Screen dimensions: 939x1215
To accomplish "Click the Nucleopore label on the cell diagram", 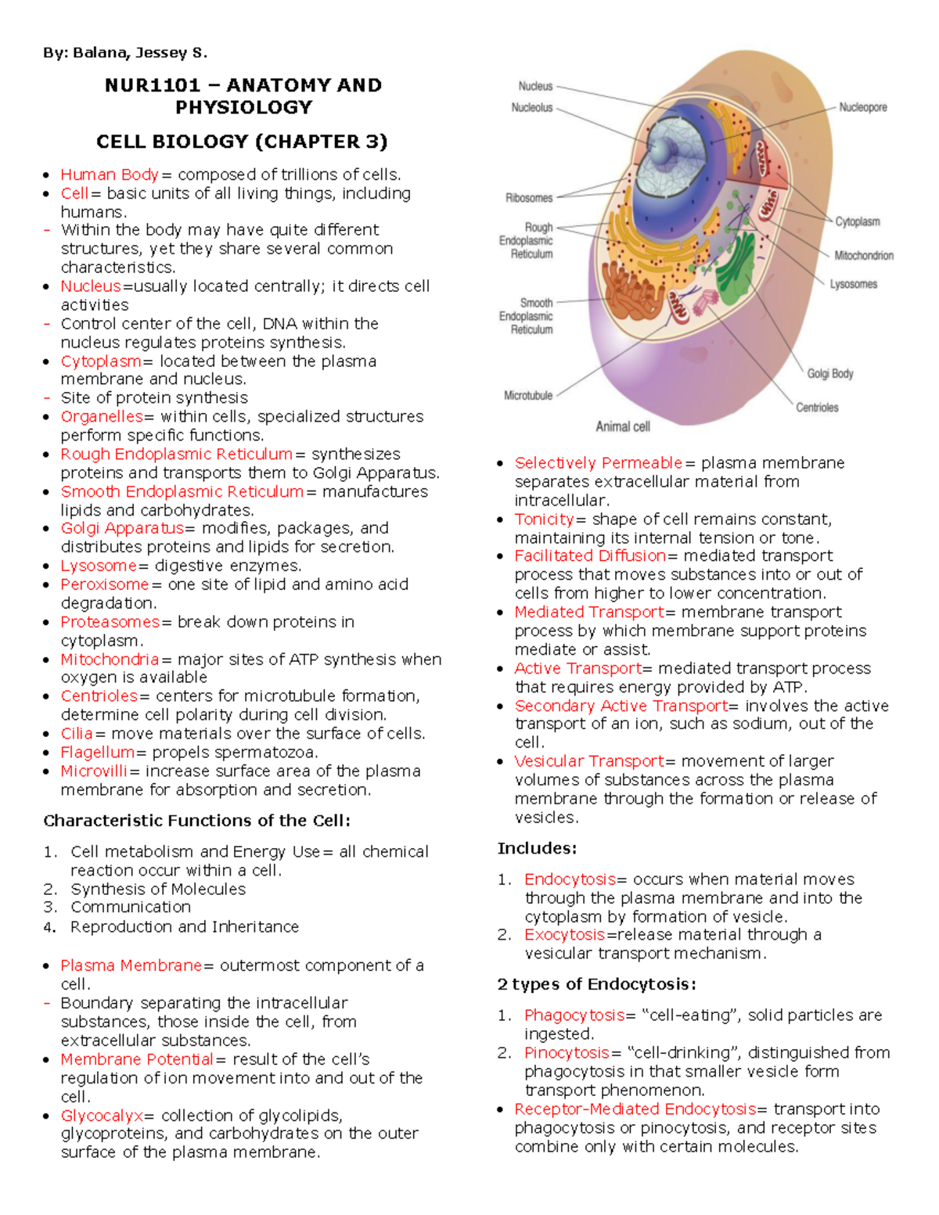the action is (x=862, y=107).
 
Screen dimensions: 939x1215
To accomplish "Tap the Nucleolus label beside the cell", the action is (x=532, y=107).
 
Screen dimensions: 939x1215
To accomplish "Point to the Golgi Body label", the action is (x=830, y=374).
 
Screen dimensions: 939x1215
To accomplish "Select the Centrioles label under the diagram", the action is (x=817, y=408).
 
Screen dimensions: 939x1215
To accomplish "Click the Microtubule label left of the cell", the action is (x=528, y=396).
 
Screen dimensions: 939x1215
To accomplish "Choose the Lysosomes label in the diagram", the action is (x=853, y=284).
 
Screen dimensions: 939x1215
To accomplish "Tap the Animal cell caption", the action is (x=623, y=426).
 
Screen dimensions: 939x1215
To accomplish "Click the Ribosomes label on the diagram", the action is (x=529, y=198).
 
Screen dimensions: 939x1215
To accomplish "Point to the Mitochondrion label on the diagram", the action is (x=863, y=255).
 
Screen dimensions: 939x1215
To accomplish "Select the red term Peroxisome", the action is (x=104, y=584).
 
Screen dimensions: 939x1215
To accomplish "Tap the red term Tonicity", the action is (x=544, y=519).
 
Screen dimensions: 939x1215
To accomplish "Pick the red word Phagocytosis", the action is (x=574, y=1015).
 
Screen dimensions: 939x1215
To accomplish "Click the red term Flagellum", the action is (x=98, y=752).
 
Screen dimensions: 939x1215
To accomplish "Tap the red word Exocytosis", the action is (x=564, y=934).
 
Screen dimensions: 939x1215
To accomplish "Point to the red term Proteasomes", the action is (x=110, y=622).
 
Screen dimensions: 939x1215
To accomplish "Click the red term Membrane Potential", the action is (x=137, y=1059).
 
